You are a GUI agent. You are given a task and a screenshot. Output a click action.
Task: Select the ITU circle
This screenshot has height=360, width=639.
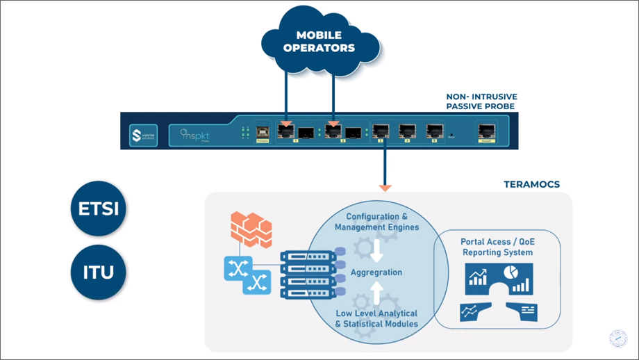tap(99, 271)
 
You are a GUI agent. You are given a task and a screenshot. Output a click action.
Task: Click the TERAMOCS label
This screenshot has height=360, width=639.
tap(531, 185)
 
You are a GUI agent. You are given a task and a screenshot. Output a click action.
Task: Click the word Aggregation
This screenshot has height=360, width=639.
tap(376, 272)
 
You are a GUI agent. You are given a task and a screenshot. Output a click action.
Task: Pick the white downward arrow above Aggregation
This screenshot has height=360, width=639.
tap(376, 250)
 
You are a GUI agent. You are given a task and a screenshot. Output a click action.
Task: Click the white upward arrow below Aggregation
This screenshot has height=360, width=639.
tap(376, 294)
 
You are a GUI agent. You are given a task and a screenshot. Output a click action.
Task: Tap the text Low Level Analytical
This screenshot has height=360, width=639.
tap(376, 313)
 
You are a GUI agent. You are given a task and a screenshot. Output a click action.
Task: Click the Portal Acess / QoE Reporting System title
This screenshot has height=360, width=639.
tap(497, 247)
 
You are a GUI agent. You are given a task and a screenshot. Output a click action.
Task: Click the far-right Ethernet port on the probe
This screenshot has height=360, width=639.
tap(484, 130)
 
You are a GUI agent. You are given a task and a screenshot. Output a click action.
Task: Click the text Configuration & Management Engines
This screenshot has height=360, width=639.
tap(376, 222)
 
